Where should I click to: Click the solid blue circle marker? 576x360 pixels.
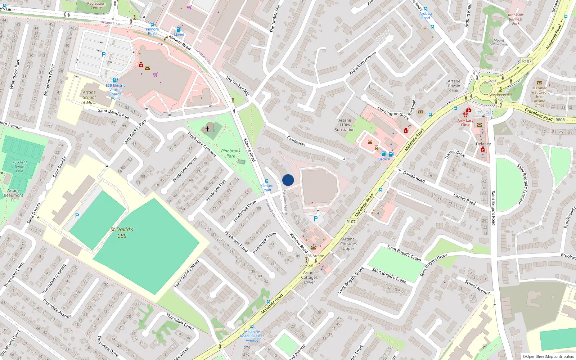(288, 180)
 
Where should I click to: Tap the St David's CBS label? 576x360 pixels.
(122, 233)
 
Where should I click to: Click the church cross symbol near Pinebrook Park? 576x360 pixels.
(207, 129)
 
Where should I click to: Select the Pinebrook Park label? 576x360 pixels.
(231, 153)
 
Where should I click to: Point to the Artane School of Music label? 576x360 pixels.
(89, 97)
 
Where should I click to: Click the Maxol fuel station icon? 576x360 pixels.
(179, 30)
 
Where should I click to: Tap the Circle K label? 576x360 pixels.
(383, 159)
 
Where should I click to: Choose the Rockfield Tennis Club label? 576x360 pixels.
(19, 167)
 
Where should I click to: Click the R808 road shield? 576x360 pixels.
(560, 120)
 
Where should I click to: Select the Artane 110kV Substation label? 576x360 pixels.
(345, 125)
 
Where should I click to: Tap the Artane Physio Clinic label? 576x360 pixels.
(454, 86)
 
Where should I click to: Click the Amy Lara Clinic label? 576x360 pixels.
(465, 123)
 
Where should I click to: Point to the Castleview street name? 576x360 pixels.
(296, 141)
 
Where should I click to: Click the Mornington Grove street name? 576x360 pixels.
(393, 113)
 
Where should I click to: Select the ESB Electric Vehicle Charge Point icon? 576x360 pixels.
(115, 80)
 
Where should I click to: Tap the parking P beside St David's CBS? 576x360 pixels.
(77, 216)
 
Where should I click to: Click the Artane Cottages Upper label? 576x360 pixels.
(348, 244)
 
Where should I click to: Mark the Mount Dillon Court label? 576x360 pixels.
(499, 42)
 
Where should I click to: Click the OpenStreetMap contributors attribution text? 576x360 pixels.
(548, 356)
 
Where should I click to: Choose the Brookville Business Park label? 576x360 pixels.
(516, 19)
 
